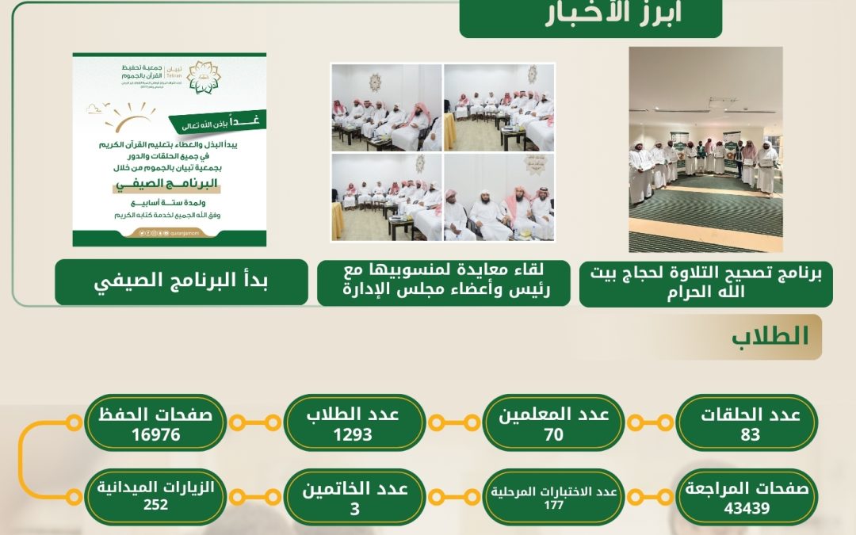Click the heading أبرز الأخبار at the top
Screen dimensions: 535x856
590,17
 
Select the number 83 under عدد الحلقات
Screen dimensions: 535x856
750,434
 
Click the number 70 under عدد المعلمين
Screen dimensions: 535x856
553,434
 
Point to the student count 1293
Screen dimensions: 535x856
353,434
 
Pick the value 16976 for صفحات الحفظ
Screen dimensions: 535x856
155,434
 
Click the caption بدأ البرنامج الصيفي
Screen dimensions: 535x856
182,282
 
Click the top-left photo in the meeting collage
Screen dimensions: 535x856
387,106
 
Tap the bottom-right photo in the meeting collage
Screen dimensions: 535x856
499,197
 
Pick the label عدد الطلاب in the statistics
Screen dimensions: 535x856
353,415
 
